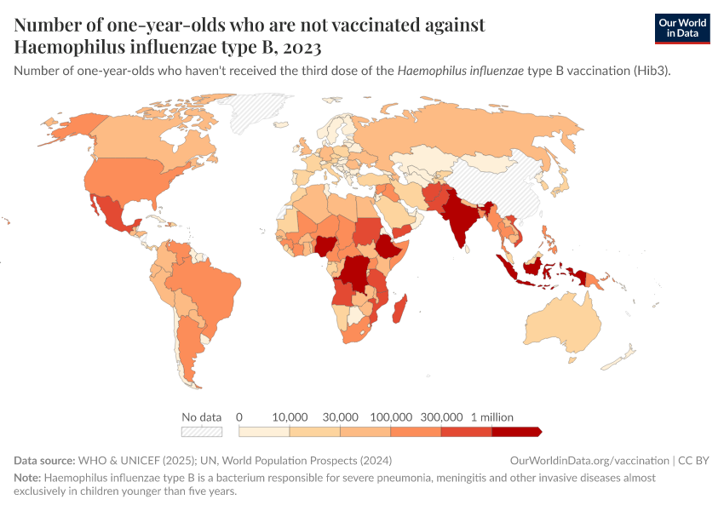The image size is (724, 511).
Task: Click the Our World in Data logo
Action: [x=681, y=28]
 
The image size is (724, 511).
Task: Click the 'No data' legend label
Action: [x=201, y=417]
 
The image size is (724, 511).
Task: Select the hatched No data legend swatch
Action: [x=201, y=432]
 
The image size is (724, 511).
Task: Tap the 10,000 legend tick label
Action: [x=290, y=417]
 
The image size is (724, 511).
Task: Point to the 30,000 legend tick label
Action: [x=340, y=417]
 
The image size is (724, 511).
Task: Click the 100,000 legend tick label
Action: [x=391, y=417]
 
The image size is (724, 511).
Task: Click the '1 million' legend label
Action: [x=491, y=417]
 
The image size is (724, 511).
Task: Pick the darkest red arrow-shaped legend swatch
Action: [x=516, y=432]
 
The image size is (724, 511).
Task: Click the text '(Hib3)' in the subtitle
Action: [x=651, y=72]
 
